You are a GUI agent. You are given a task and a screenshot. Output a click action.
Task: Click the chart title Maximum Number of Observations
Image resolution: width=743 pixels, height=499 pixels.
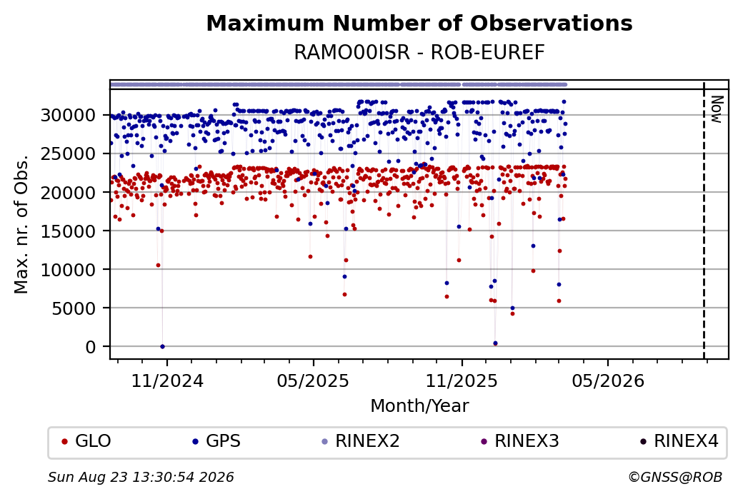click(419, 23)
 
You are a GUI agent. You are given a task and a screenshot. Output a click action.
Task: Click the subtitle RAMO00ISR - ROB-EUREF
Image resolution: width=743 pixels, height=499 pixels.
click(419, 53)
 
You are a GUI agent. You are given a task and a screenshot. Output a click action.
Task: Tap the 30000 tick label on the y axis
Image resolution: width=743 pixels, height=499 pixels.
click(69, 115)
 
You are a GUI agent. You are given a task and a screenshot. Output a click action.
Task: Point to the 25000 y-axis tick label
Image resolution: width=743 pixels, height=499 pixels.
click(69, 154)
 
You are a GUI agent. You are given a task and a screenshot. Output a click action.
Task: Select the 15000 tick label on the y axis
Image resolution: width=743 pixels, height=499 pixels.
click(69, 231)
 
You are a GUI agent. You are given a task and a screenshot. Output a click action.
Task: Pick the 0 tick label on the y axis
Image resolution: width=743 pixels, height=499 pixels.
click(91, 347)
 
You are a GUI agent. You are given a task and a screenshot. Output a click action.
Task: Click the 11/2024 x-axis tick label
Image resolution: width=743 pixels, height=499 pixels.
click(166, 381)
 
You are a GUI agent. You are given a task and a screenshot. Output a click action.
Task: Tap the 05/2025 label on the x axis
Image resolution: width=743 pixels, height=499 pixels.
click(313, 381)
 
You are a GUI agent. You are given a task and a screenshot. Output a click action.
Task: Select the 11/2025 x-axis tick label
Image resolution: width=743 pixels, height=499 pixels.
click(462, 381)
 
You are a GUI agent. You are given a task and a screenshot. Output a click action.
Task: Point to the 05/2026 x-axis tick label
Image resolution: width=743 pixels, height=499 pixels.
click(609, 381)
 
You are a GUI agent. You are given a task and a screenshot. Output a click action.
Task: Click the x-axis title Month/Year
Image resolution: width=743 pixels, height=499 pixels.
click(419, 406)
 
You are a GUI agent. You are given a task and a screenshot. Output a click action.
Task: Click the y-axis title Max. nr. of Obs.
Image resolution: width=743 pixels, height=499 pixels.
click(21, 224)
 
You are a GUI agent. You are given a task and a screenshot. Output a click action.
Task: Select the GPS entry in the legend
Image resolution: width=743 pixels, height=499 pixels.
click(216, 441)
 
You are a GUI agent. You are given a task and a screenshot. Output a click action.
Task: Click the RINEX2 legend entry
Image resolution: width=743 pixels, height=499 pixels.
click(361, 441)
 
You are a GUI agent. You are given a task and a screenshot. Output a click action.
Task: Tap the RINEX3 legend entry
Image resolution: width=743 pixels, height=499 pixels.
click(520, 441)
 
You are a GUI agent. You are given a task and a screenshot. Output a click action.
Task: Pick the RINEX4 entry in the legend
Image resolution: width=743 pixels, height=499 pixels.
click(679, 441)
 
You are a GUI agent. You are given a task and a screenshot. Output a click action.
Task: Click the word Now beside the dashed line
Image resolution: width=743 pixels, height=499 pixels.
click(717, 109)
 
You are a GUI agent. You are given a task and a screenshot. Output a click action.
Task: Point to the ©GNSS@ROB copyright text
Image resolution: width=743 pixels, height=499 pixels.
click(675, 477)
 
